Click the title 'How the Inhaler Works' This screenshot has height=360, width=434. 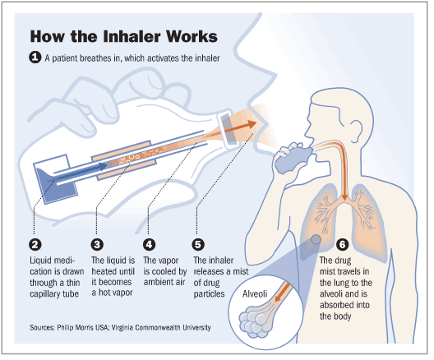122,38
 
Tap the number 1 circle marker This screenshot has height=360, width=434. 35,58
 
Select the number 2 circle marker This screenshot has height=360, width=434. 35,243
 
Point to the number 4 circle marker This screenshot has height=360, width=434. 150,243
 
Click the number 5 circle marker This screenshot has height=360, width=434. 198,243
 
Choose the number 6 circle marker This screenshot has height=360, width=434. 342,243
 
